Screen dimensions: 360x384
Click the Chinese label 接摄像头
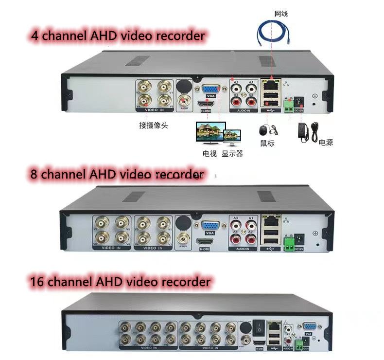pyautogui.click(x=153, y=125)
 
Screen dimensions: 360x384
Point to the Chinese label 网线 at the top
pyautogui.click(x=280, y=14)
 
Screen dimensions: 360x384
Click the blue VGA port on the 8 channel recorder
pyautogui.click(x=210, y=227)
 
